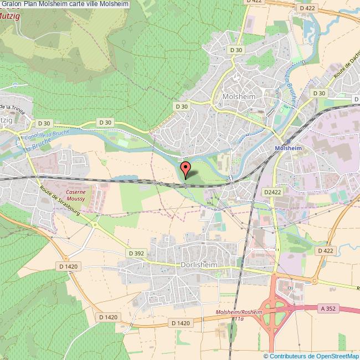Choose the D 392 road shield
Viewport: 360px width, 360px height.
pos(136,253)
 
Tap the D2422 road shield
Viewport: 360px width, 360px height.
pos(272,192)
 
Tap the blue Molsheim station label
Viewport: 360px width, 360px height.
pos(288,148)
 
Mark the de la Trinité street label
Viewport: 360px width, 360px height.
pos(14,107)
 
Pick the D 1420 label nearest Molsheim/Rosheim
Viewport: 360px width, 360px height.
pos(181,323)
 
